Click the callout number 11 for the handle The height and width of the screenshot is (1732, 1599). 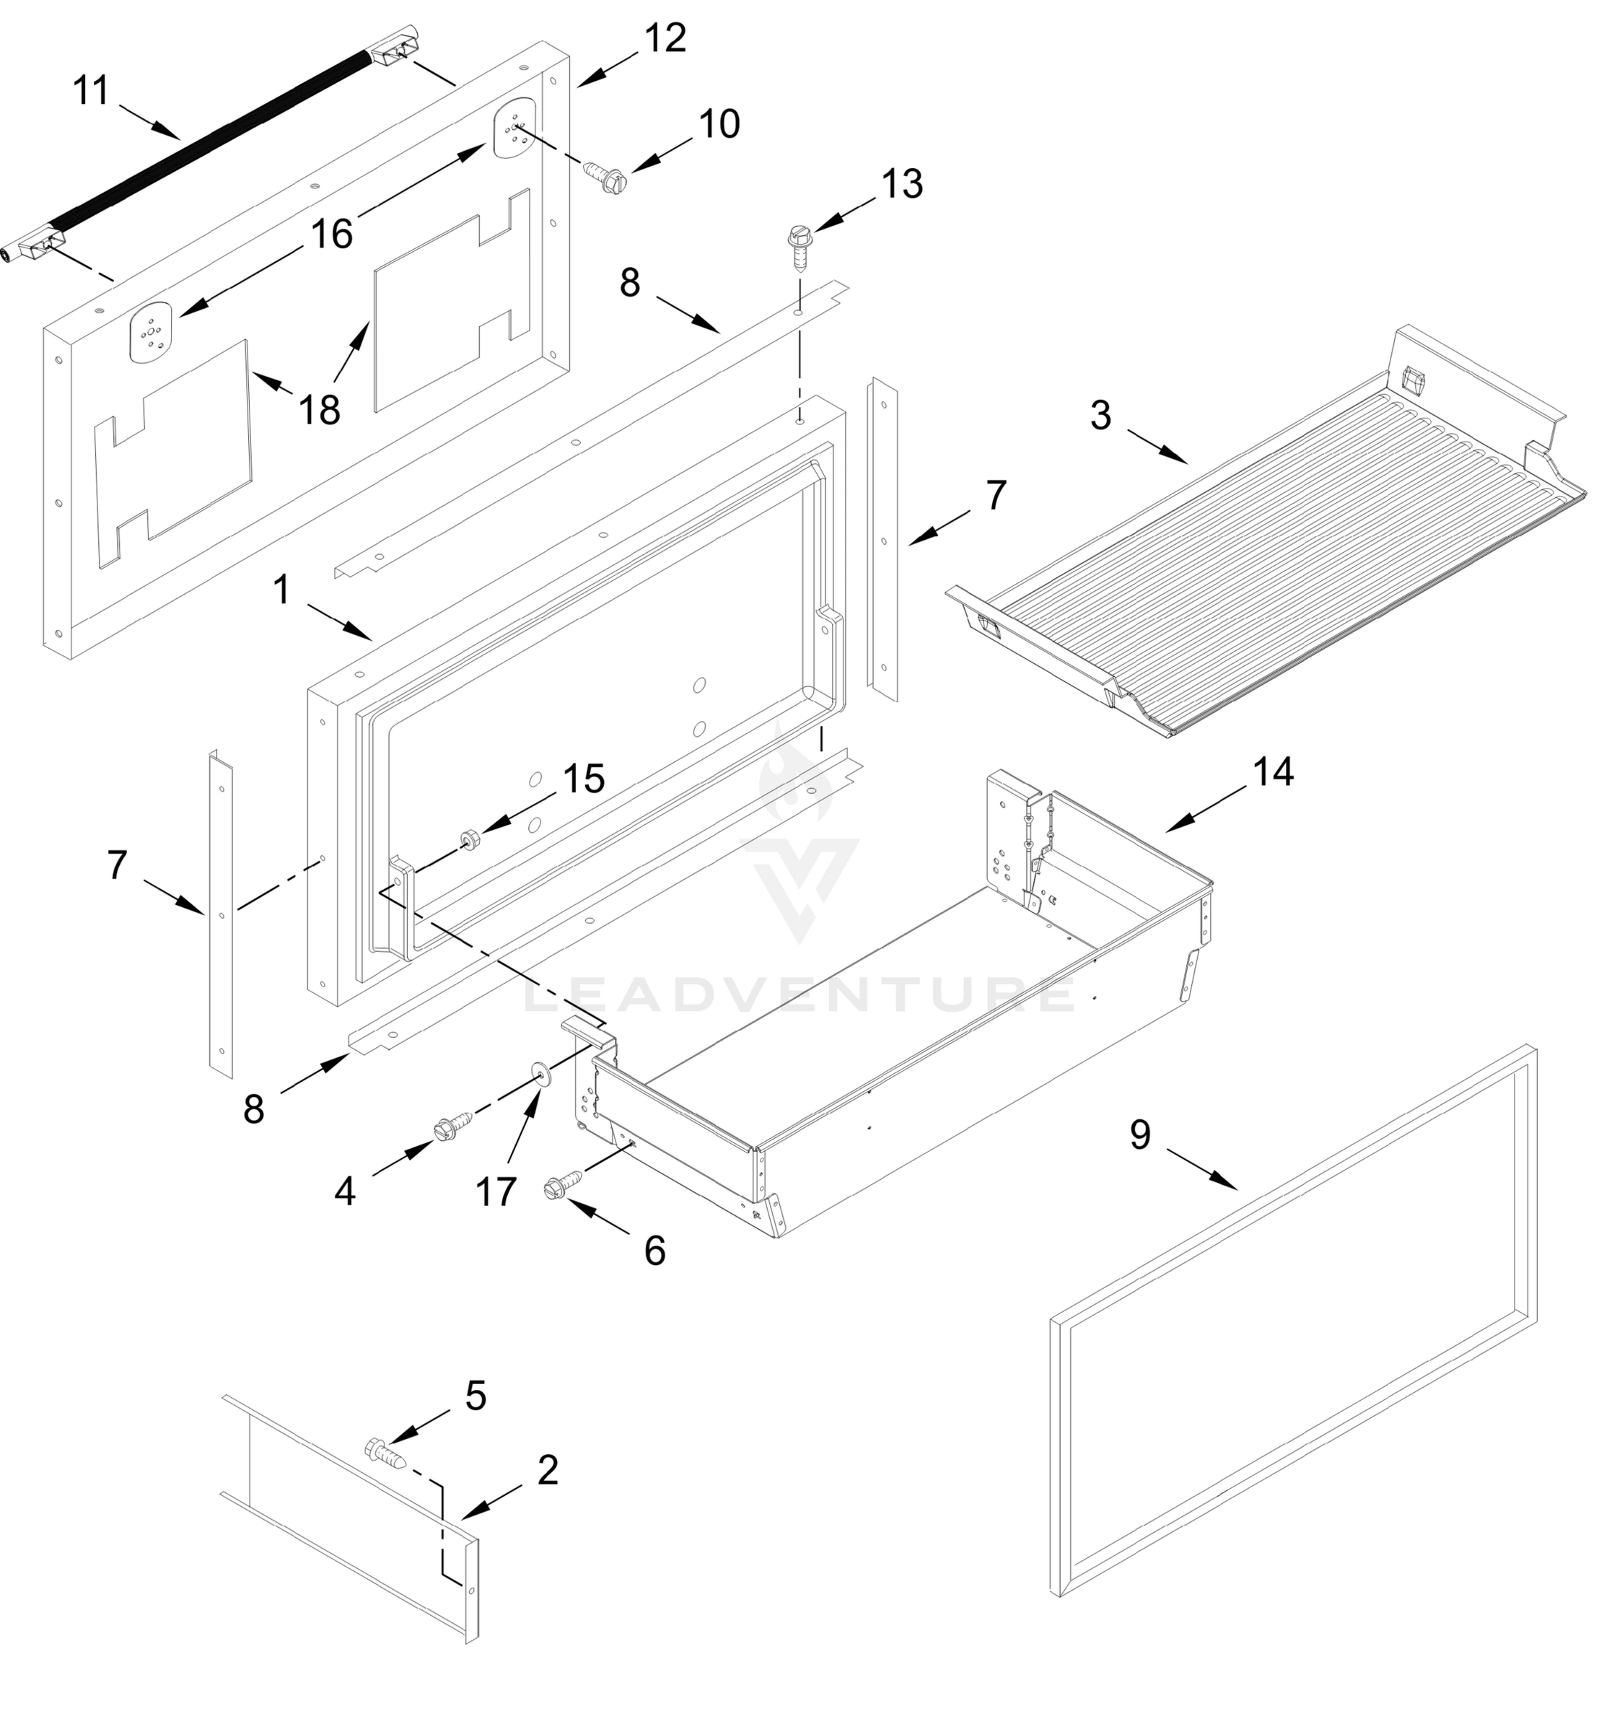(x=91, y=91)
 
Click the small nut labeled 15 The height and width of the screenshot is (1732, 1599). (x=470, y=839)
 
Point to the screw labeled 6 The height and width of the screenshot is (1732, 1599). (x=561, y=1184)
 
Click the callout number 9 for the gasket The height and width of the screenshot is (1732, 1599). (x=1139, y=1134)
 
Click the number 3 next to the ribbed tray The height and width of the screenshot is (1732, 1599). (x=1100, y=416)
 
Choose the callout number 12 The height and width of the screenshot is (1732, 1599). (x=665, y=39)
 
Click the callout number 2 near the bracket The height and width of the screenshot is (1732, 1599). (x=548, y=1470)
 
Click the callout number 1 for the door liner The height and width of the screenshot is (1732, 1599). (x=281, y=590)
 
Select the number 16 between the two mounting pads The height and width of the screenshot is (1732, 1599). (x=331, y=234)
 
